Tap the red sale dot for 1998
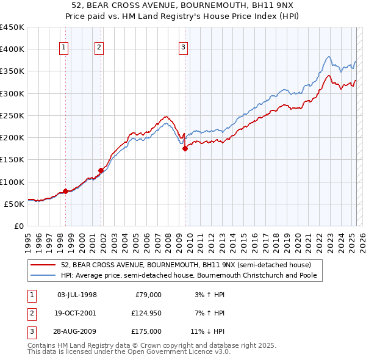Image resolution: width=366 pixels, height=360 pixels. pyautogui.click(x=65, y=192)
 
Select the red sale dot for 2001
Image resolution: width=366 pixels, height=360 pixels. pyautogui.click(x=101, y=170)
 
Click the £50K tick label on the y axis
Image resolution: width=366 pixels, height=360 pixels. pyautogui.click(x=14, y=204)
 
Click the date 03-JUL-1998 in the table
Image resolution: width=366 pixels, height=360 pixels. pyautogui.click(x=77, y=295)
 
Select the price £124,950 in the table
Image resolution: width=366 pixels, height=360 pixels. pyautogui.click(x=145, y=313)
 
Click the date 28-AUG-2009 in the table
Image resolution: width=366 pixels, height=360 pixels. pyautogui.click(x=77, y=331)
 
